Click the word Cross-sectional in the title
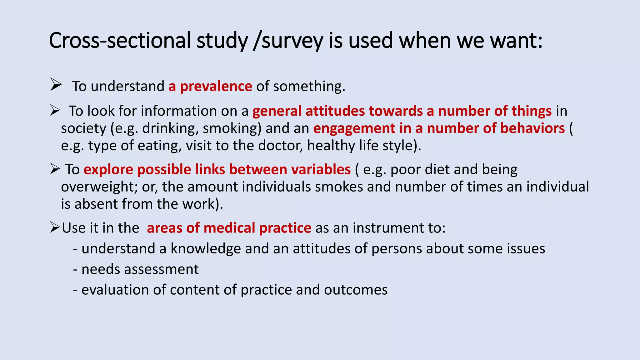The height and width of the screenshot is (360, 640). click(x=119, y=41)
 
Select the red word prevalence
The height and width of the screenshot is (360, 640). click(x=216, y=86)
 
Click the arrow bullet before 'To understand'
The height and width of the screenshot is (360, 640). click(x=56, y=85)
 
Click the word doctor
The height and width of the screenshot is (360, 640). click(x=280, y=146)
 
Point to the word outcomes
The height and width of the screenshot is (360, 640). click(x=356, y=290)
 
